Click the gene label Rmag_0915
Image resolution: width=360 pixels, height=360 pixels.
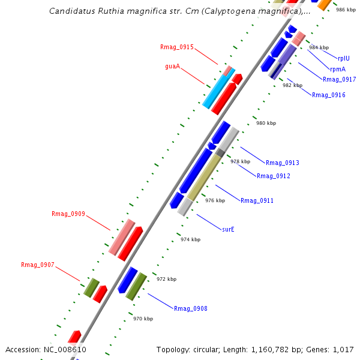click(176, 47)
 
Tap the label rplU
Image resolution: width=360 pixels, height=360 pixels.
click(343, 58)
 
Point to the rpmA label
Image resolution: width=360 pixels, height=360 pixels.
click(337, 69)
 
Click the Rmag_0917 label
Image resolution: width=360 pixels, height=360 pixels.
click(339, 79)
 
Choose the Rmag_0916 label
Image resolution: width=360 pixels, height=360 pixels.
click(328, 95)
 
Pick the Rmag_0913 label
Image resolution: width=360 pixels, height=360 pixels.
click(282, 163)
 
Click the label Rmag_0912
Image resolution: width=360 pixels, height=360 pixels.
click(273, 176)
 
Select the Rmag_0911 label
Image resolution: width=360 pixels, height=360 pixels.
click(257, 200)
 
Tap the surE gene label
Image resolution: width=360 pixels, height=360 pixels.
click(228, 229)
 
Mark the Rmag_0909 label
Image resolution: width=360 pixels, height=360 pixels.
click(68, 214)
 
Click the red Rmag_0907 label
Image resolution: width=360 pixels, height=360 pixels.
click(37, 265)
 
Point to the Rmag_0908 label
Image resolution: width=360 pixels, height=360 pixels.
click(190, 308)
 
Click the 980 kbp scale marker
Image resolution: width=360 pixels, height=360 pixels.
click(266, 123)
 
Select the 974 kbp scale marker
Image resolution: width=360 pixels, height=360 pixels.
click(190, 239)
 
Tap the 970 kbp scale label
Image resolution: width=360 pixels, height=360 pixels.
click(143, 319)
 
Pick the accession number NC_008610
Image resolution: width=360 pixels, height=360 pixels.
click(65, 349)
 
